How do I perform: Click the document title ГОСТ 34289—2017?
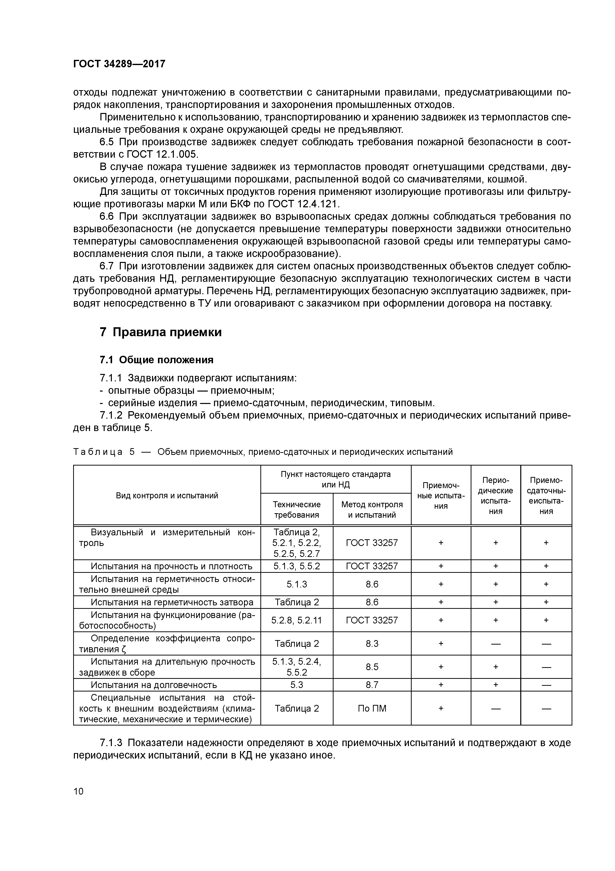pos(119,64)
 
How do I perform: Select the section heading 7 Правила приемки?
pos(160,332)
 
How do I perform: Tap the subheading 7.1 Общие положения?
pos(156,360)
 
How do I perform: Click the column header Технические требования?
pos(297,509)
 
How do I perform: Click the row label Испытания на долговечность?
pos(154,685)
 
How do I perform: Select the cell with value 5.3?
pos(297,685)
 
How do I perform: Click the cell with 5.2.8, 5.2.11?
pos(297,620)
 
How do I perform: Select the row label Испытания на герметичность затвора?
pos(172,602)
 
